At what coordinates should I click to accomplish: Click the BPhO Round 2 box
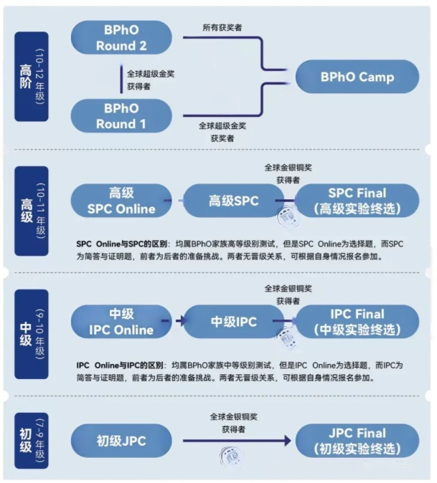coord(123,37)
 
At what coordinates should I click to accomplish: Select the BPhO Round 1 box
coord(123,115)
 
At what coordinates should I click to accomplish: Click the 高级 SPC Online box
coord(122,201)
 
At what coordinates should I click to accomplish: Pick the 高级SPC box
coord(233,201)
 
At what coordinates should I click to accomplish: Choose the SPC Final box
coord(357,201)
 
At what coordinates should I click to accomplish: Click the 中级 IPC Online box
coord(122,322)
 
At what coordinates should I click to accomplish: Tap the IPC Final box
coord(357,322)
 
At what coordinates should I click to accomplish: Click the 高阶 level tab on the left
coord(31,77)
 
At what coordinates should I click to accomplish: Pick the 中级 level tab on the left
coord(31,333)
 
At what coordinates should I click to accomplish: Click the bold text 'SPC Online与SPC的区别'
coord(121,244)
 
